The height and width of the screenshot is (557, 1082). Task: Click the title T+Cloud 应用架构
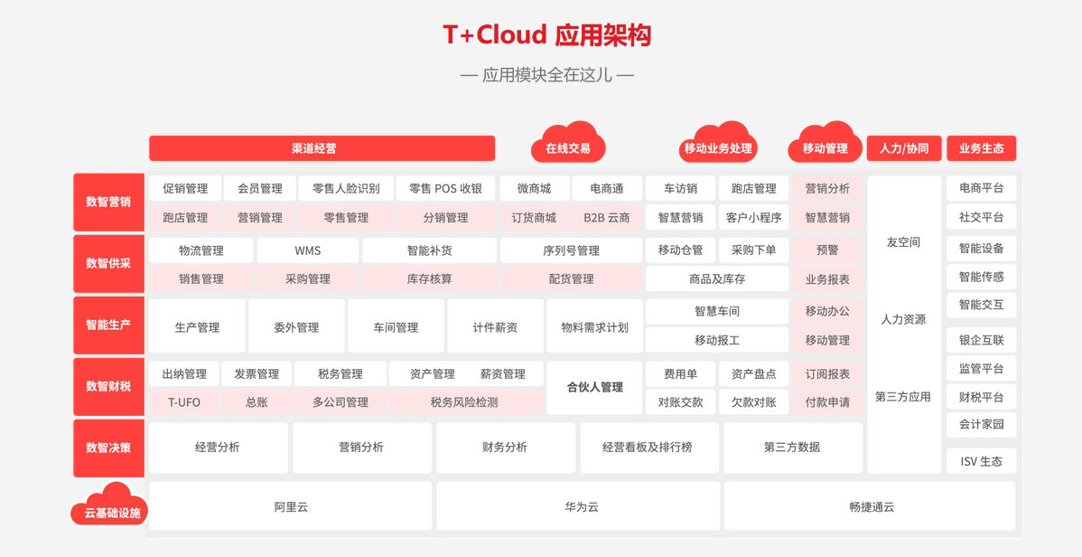point(546,34)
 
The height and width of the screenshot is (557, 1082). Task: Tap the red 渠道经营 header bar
point(322,148)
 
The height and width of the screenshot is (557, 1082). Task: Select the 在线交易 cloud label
point(568,144)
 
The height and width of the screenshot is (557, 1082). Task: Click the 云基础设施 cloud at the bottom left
point(110,505)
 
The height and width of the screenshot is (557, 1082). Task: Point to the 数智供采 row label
point(108,263)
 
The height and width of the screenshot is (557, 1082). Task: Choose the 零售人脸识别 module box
point(346,188)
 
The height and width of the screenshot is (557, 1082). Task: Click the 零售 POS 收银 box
point(446,188)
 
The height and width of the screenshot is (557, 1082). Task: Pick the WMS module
point(308,250)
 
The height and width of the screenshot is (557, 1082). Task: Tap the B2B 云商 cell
point(607,217)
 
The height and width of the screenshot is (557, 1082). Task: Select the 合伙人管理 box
point(595,388)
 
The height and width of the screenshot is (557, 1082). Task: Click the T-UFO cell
point(184,401)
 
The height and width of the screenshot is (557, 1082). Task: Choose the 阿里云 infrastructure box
point(291,506)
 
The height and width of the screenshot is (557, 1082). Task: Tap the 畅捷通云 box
point(870,506)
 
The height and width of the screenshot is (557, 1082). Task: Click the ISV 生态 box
point(981,461)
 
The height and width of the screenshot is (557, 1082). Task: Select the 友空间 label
point(904,242)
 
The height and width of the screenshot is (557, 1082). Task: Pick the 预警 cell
point(827,250)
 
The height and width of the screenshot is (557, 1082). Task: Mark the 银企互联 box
point(981,340)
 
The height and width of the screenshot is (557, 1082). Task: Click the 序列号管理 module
point(572,250)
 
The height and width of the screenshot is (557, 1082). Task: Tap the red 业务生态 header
point(981,148)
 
